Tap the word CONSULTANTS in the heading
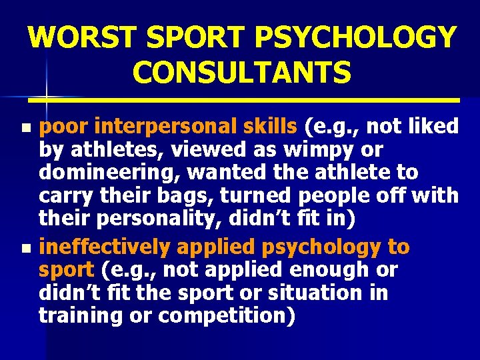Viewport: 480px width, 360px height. tap(242, 73)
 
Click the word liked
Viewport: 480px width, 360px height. tap(433, 126)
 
